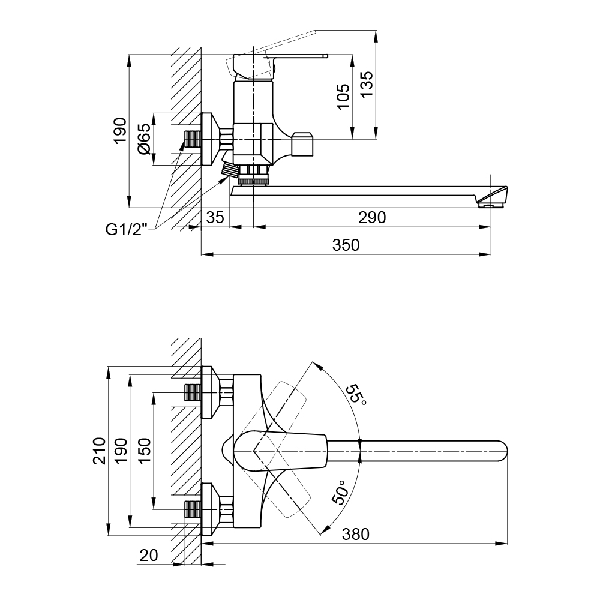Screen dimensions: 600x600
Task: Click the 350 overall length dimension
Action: [346, 245]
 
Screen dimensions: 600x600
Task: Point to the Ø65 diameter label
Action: [143, 139]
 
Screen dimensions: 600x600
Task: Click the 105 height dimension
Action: [343, 97]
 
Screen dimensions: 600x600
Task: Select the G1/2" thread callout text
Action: [126, 229]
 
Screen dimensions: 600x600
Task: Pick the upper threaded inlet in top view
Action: [191, 394]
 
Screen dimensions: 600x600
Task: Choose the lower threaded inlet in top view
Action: [191, 509]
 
